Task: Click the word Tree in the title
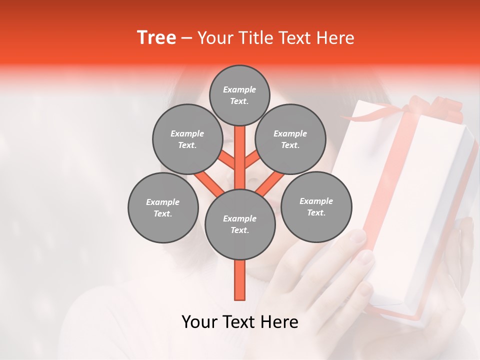(156, 37)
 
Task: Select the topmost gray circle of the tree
(239, 95)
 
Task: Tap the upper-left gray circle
(187, 139)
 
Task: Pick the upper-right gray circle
(290, 139)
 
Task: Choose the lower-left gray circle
(163, 207)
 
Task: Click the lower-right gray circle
(316, 206)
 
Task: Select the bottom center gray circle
(240, 224)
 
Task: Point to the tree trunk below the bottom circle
(240, 280)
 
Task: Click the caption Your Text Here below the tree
(240, 322)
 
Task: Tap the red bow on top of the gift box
(440, 107)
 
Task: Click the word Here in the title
(335, 37)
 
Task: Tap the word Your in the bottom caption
(199, 322)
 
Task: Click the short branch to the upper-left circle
(227, 161)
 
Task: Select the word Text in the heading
(296, 37)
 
